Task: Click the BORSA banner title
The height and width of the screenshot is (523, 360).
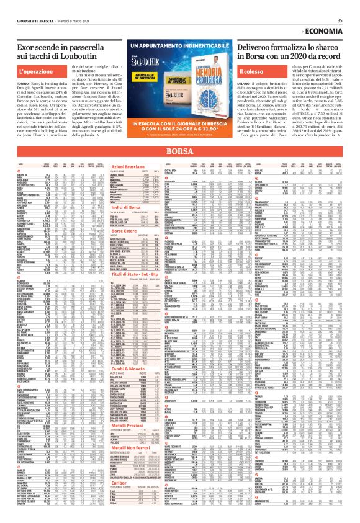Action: click(179, 150)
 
